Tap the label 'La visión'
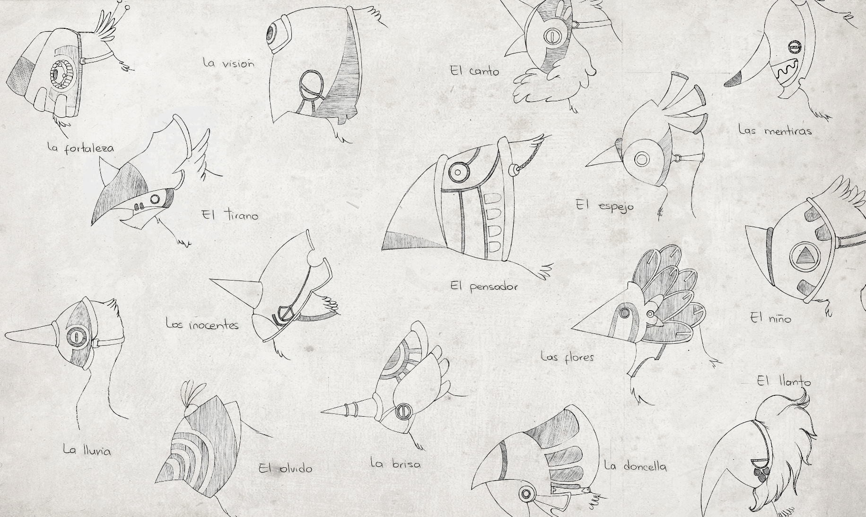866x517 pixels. click(x=228, y=63)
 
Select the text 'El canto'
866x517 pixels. click(x=474, y=71)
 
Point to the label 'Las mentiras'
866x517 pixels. click(x=775, y=130)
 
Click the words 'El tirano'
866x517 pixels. click(x=230, y=215)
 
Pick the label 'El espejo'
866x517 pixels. click(x=604, y=206)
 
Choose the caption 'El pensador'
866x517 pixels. click(x=484, y=286)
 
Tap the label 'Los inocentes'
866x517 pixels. click(x=202, y=324)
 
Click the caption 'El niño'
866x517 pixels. click(x=770, y=318)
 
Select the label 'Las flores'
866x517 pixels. click(x=567, y=356)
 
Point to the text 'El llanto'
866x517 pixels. click(x=784, y=381)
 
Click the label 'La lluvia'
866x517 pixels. click(x=87, y=450)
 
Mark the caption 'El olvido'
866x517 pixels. click(x=286, y=468)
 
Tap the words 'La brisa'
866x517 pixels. click(x=395, y=464)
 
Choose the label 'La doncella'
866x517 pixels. click(x=636, y=466)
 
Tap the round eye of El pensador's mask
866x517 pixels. click(x=458, y=172)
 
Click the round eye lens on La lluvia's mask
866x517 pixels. click(x=75, y=336)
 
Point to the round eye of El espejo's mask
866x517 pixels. click(x=642, y=159)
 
